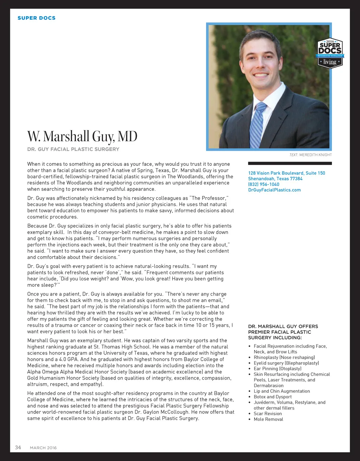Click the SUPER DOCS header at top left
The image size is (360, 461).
click(37, 18)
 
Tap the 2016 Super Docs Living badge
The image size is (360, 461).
click(330, 53)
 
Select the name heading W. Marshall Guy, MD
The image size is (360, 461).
click(82, 136)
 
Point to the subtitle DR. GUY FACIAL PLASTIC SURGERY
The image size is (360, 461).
click(73, 149)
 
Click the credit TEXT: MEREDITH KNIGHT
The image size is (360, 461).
click(310, 155)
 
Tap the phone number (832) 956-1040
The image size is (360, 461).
click(264, 184)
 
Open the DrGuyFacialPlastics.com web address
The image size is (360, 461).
click(274, 190)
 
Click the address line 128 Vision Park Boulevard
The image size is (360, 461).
click(287, 173)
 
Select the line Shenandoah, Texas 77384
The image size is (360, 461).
click(275, 178)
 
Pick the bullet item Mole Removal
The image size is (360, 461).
click(268, 419)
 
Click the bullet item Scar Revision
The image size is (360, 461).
click(268, 414)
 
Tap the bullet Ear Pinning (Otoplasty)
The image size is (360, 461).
click(277, 369)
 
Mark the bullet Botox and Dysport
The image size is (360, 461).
click(273, 397)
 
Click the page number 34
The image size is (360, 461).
click(18, 447)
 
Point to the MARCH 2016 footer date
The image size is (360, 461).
click(43, 448)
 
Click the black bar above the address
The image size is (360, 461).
click(290, 163)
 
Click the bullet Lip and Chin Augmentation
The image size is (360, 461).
click(282, 391)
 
